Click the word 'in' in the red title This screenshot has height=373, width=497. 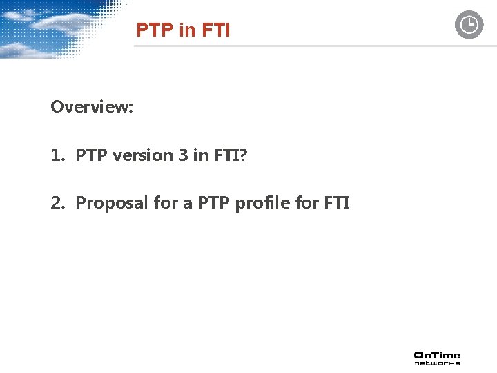pyautogui.click(x=186, y=30)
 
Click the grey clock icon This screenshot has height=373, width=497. pyautogui.click(x=469, y=25)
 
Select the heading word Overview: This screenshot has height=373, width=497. pyautogui.click(x=92, y=107)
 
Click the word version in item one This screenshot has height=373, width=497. pyautogui.click(x=143, y=155)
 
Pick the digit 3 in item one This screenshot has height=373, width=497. pyautogui.click(x=183, y=155)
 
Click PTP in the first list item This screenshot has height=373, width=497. pyautogui.click(x=92, y=155)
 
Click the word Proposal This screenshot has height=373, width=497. pyautogui.click(x=106, y=203)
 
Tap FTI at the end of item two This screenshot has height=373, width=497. pyautogui.click(x=336, y=203)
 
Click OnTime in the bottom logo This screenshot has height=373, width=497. pyautogui.click(x=437, y=354)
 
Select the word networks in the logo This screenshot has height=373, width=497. pyautogui.click(x=437, y=362)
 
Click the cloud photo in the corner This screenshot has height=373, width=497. pyautogui.click(x=55, y=28)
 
